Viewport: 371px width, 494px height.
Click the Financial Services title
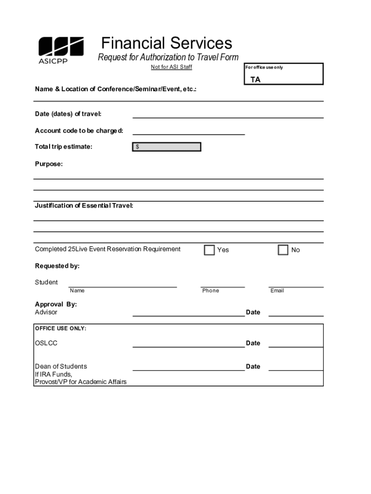click(x=167, y=43)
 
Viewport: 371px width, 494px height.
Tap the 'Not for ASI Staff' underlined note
click(x=171, y=67)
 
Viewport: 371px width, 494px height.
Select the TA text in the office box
click(x=255, y=80)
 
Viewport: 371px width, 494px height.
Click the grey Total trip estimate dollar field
click(x=167, y=147)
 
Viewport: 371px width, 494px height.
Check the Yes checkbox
click(x=209, y=250)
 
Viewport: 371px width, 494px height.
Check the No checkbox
click(x=283, y=250)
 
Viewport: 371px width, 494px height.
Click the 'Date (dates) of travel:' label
click(x=68, y=114)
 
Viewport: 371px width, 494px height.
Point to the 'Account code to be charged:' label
click(x=79, y=131)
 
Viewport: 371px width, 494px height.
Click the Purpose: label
click(x=49, y=164)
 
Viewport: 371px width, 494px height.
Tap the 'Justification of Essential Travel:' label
click(x=84, y=206)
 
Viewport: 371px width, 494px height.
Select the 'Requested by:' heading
click(x=57, y=266)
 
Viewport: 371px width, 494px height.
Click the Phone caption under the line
click(x=211, y=290)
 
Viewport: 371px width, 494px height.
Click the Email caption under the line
click(x=277, y=290)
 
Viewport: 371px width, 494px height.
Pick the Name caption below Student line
click(x=77, y=290)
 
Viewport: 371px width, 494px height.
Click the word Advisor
click(x=46, y=312)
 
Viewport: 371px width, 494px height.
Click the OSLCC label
click(x=46, y=343)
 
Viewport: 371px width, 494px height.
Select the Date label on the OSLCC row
click(x=253, y=343)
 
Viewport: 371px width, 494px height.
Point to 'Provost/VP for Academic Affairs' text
click(x=80, y=382)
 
